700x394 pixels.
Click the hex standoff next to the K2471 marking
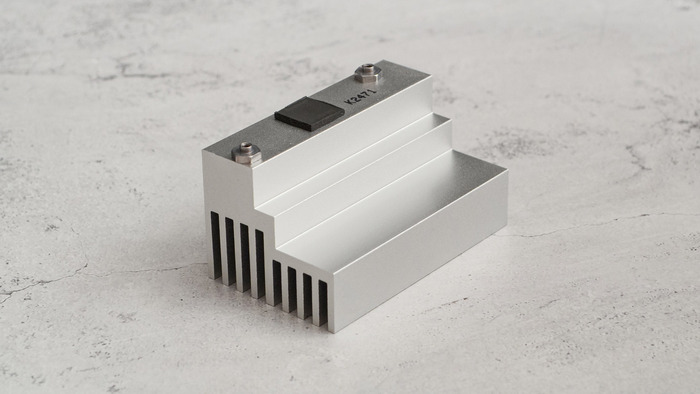tap(368, 74)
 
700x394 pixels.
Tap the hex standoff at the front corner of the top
tap(246, 153)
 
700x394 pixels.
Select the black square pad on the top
tap(309, 114)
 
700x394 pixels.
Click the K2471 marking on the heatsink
tap(361, 96)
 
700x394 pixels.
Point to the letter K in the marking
tap(349, 102)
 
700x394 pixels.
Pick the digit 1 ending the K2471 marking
tap(373, 90)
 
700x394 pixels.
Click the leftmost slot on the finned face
tap(216, 245)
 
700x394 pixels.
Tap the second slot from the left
tap(230, 252)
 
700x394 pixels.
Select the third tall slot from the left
tap(245, 258)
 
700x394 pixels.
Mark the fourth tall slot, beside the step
tap(260, 264)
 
